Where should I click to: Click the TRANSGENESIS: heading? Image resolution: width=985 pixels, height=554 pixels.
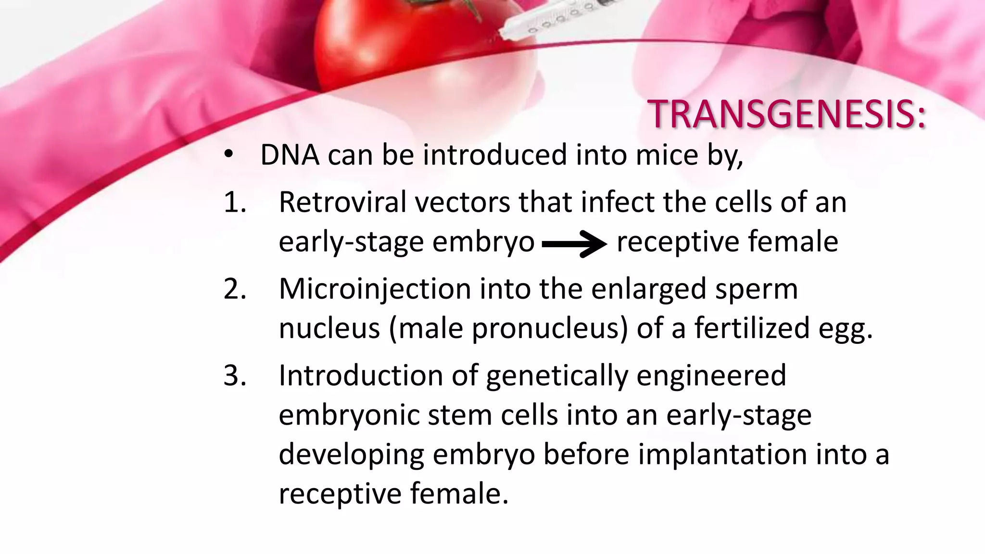pos(786,115)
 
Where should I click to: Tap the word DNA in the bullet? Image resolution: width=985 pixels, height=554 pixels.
pos(290,155)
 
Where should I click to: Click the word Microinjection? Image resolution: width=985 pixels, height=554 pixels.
pos(375,289)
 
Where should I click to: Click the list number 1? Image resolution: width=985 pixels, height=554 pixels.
pos(235,202)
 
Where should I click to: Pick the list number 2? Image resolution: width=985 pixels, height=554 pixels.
pos(235,290)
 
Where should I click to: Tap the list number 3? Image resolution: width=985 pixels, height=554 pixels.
pos(235,376)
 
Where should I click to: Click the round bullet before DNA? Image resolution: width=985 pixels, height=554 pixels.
pos(228,155)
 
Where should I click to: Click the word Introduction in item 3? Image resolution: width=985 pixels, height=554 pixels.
pos(360,376)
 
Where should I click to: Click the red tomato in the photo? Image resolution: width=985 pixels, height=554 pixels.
pos(385,43)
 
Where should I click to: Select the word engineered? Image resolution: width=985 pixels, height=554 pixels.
pos(711,376)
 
